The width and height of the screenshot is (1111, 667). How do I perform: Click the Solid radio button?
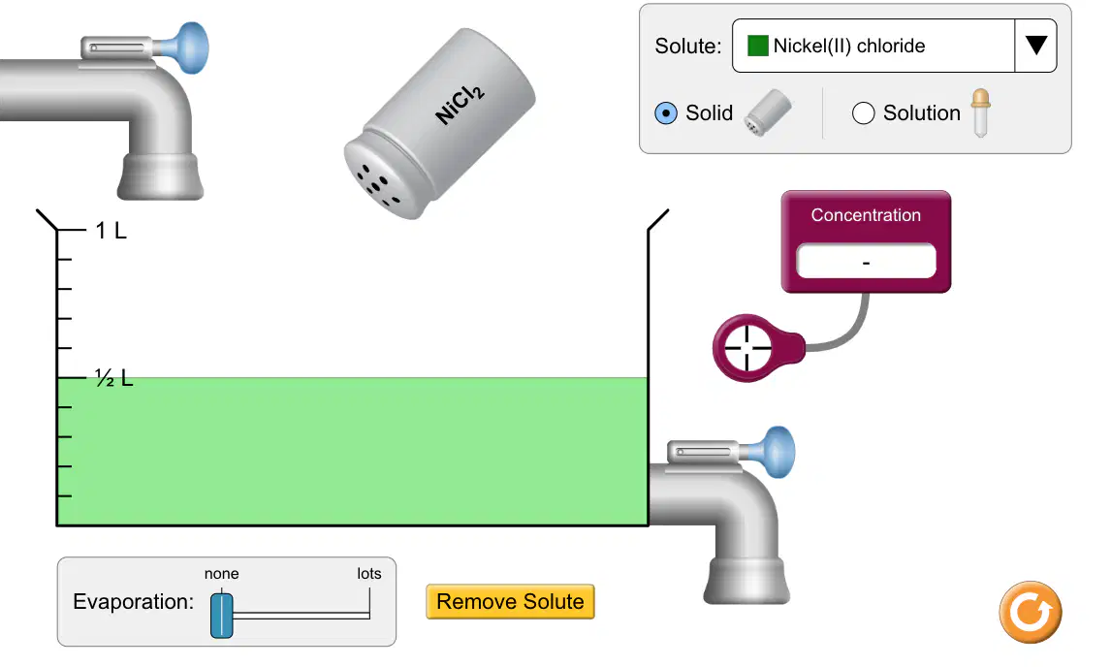666,113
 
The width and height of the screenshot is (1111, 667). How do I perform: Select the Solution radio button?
863,113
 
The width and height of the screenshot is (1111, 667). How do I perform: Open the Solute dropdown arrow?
1036,46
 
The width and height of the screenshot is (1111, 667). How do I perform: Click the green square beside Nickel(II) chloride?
757,47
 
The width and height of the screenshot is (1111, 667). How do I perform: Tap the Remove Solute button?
510,602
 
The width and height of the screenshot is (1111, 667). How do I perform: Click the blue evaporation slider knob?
222,616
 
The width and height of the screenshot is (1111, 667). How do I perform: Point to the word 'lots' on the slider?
369,573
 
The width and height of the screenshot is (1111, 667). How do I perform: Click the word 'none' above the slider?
222,573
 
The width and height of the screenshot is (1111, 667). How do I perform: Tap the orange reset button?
1031,613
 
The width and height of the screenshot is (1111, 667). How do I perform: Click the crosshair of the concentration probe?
746,348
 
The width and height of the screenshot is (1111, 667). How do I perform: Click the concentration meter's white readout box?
866,262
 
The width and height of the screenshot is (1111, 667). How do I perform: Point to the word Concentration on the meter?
866,215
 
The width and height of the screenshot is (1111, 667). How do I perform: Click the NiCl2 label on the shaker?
460,106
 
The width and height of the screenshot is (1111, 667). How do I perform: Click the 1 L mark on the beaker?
111,231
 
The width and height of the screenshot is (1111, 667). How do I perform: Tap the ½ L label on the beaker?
114,378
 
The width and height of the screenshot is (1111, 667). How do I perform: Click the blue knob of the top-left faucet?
189,48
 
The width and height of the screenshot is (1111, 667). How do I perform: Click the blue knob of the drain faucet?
776,452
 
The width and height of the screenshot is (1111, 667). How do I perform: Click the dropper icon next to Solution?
981,112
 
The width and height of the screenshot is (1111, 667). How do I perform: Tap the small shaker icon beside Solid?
768,112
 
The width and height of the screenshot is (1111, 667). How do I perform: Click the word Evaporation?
133,602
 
